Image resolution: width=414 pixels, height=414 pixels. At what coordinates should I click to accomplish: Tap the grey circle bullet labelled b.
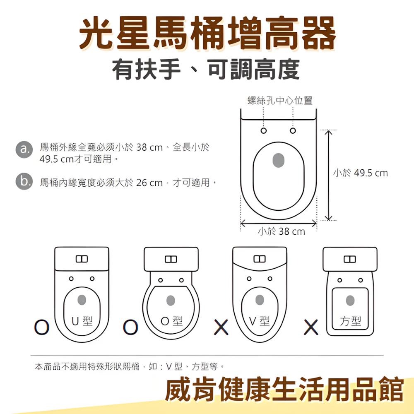tap(24, 182)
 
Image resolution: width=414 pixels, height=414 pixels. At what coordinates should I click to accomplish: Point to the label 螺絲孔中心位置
tap(280, 100)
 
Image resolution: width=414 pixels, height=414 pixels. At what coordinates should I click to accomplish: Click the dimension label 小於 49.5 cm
tap(361, 173)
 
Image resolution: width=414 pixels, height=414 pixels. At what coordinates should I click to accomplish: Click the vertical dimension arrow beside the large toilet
tap(328, 175)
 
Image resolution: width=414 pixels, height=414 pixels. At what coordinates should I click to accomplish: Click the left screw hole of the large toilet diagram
tap(264, 131)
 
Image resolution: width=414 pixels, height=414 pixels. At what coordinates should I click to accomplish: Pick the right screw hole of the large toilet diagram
tap(293, 131)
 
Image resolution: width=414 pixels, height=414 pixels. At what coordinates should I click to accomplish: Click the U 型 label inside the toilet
tap(82, 321)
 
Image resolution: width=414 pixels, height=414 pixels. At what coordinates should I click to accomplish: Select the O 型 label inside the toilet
tap(171, 321)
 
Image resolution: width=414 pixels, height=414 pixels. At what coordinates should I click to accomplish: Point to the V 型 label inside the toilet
tap(260, 321)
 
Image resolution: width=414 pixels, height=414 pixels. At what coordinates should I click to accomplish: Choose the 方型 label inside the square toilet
tap(350, 321)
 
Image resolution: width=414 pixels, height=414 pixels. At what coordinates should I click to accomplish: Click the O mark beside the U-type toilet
tap(42, 327)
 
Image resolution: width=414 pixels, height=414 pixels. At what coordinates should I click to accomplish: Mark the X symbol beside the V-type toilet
tap(221, 327)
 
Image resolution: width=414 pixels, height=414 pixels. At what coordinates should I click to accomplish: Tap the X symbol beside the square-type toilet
tap(311, 327)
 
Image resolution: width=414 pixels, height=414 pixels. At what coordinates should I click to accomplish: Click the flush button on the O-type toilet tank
tap(171, 259)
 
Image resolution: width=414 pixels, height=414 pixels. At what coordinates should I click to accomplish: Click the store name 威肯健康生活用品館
tap(284, 389)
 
